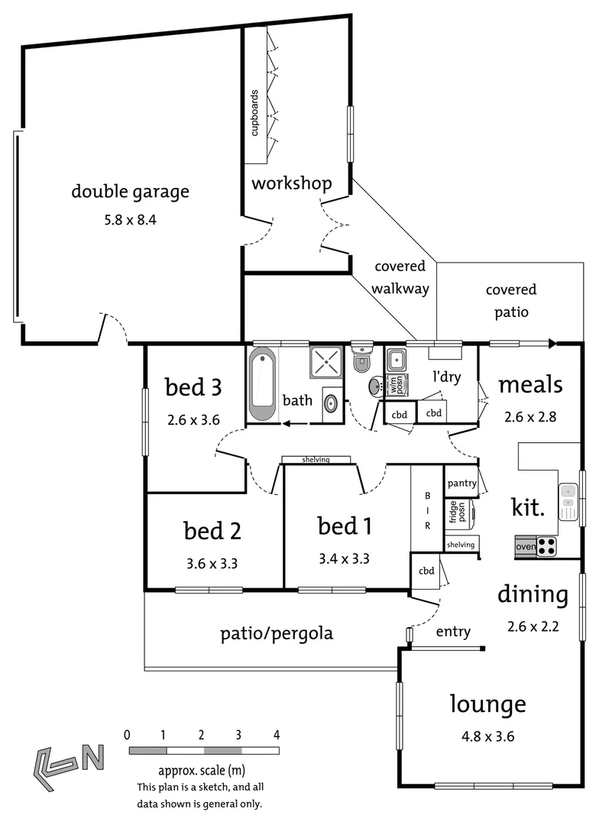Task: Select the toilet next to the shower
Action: [x=362, y=360]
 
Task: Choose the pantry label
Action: [x=461, y=483]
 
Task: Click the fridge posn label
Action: [x=453, y=513]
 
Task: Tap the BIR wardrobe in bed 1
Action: [x=427, y=509]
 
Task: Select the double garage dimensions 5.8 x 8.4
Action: [x=130, y=221]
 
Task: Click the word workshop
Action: [x=291, y=183]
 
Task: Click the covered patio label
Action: [x=510, y=300]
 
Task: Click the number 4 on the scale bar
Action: [x=277, y=735]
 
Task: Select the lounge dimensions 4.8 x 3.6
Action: [x=487, y=737]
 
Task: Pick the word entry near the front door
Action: [x=453, y=632]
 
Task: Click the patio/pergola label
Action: [x=277, y=633]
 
